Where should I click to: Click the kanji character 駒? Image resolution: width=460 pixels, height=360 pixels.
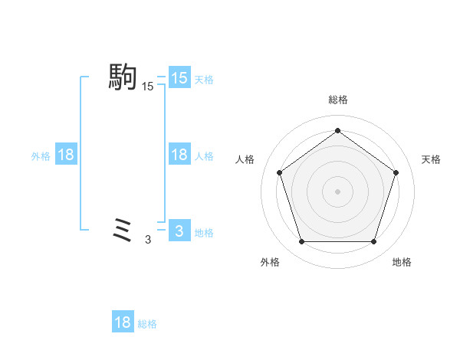click(x=123, y=77)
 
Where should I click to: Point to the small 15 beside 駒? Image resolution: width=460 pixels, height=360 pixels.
click(x=147, y=87)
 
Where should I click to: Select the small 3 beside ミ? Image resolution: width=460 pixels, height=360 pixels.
click(x=148, y=240)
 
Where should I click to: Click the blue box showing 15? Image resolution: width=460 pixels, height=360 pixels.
click(x=179, y=78)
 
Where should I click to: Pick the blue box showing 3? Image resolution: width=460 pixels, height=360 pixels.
click(x=179, y=231)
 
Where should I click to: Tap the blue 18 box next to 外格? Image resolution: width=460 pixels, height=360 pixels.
click(x=66, y=155)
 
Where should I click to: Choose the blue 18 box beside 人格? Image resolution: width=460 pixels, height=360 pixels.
click(x=179, y=155)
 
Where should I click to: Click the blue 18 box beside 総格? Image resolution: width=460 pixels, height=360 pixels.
click(x=123, y=322)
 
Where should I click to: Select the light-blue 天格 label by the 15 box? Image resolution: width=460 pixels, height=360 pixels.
click(x=204, y=79)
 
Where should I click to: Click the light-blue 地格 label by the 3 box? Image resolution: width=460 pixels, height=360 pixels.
click(x=204, y=232)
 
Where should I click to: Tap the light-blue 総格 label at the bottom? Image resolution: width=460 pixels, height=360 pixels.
click(x=147, y=324)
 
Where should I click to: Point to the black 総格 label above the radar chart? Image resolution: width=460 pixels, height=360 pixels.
click(x=337, y=100)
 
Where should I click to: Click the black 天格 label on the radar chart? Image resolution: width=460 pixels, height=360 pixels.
click(x=431, y=159)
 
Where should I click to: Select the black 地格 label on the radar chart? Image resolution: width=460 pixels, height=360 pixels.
click(x=402, y=262)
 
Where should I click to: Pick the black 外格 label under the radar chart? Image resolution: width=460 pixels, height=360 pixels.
click(x=270, y=262)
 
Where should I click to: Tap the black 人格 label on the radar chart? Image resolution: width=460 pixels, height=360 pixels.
click(x=245, y=159)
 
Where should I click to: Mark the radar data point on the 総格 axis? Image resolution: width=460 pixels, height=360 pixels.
click(x=337, y=130)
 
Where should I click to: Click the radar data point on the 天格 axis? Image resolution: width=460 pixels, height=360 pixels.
click(x=396, y=172)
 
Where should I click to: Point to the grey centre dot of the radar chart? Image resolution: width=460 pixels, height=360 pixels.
click(x=337, y=191)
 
